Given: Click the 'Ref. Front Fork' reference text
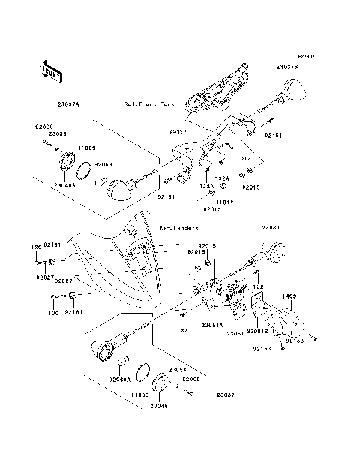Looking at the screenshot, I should click(x=149, y=104).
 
